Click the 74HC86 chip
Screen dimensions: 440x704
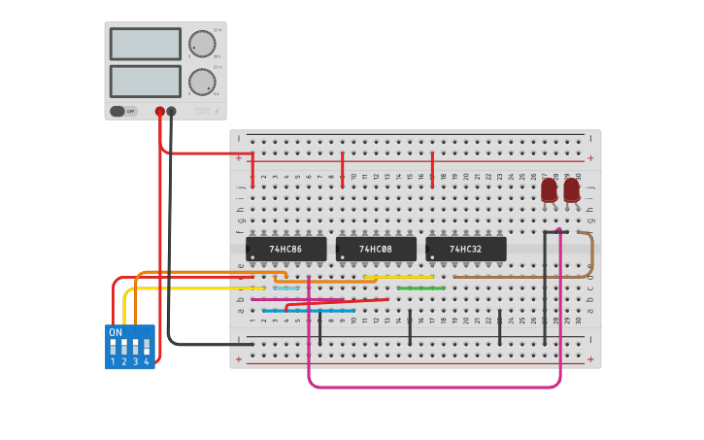285,250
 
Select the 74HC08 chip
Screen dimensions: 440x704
375,250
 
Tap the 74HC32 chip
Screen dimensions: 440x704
465,250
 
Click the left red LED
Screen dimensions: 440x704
549,188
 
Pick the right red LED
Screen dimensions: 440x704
571,188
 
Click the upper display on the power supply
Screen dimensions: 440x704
146,44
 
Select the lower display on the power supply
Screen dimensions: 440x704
146,81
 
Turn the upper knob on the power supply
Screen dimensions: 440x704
202,44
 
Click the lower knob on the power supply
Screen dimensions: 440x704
202,81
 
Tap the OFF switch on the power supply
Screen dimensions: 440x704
122,111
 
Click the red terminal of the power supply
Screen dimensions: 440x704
159,111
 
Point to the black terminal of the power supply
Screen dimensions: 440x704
171,111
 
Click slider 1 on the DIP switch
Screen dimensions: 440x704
113,346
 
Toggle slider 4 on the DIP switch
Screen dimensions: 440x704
148,346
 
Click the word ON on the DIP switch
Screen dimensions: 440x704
116,332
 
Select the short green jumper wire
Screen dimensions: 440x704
421,288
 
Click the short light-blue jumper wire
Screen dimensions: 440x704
285,288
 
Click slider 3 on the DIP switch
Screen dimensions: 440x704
136,346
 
